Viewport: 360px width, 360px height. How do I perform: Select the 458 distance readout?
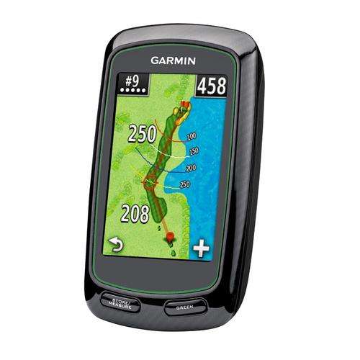tap(212, 86)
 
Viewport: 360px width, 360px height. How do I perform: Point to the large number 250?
tap(142, 133)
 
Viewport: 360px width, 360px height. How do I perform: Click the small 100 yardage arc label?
tap(192, 136)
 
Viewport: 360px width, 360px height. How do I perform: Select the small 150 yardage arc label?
tap(194, 152)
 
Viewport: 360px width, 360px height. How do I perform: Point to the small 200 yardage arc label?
tap(191, 168)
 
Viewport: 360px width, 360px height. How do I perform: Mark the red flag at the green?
tap(186, 105)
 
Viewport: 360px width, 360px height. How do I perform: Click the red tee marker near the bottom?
tap(170, 236)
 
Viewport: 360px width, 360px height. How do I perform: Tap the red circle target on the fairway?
tap(150, 181)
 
